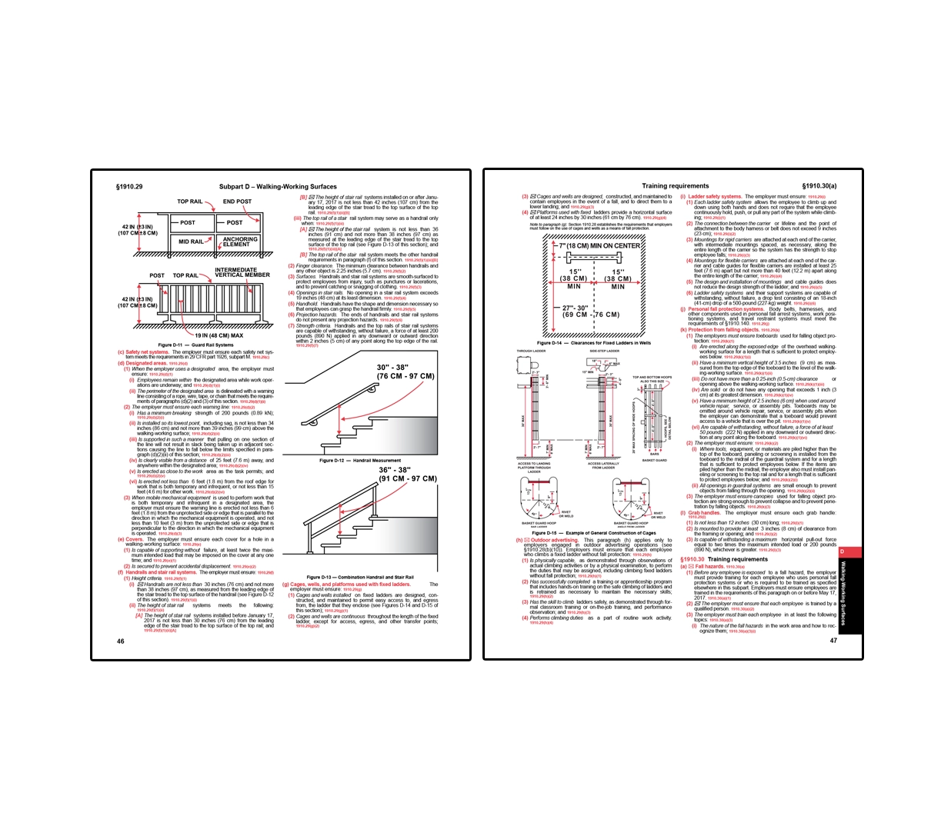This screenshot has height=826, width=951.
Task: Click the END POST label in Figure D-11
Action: (x=237, y=202)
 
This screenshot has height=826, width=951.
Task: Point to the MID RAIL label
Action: (x=191, y=241)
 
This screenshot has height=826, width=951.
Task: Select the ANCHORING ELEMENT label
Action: (x=240, y=241)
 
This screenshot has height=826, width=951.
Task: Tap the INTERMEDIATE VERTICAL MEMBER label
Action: (x=242, y=272)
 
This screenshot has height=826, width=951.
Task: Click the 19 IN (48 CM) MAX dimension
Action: (x=219, y=335)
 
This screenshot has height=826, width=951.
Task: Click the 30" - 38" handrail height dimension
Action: (x=405, y=371)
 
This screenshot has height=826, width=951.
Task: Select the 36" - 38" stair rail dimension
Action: (x=407, y=474)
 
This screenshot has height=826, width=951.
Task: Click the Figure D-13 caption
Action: (x=360, y=577)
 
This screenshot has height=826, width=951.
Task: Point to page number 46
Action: (x=120, y=641)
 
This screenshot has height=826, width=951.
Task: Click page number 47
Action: (x=833, y=640)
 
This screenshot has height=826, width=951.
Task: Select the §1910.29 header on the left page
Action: (x=129, y=186)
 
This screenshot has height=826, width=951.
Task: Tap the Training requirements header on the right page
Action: (x=675, y=186)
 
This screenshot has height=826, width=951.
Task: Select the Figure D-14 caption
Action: (x=593, y=343)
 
